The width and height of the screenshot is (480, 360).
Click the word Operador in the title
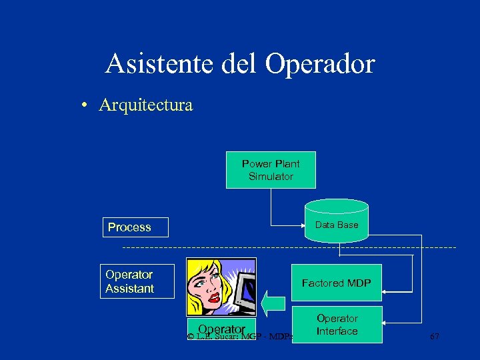(x=320, y=64)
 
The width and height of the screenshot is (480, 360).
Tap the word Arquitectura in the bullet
(x=146, y=105)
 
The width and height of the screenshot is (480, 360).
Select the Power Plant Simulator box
(x=271, y=170)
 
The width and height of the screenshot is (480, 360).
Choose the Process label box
(x=135, y=227)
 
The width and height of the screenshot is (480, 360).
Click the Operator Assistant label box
(x=138, y=281)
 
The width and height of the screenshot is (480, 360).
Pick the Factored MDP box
(x=337, y=283)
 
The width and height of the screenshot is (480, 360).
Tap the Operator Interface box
(x=337, y=325)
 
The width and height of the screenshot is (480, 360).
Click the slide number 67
(x=435, y=337)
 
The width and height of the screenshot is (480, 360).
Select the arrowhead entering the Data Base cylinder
(x=301, y=225)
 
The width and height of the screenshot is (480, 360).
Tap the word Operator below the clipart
(x=221, y=329)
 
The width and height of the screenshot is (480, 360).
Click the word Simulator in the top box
(x=271, y=177)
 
